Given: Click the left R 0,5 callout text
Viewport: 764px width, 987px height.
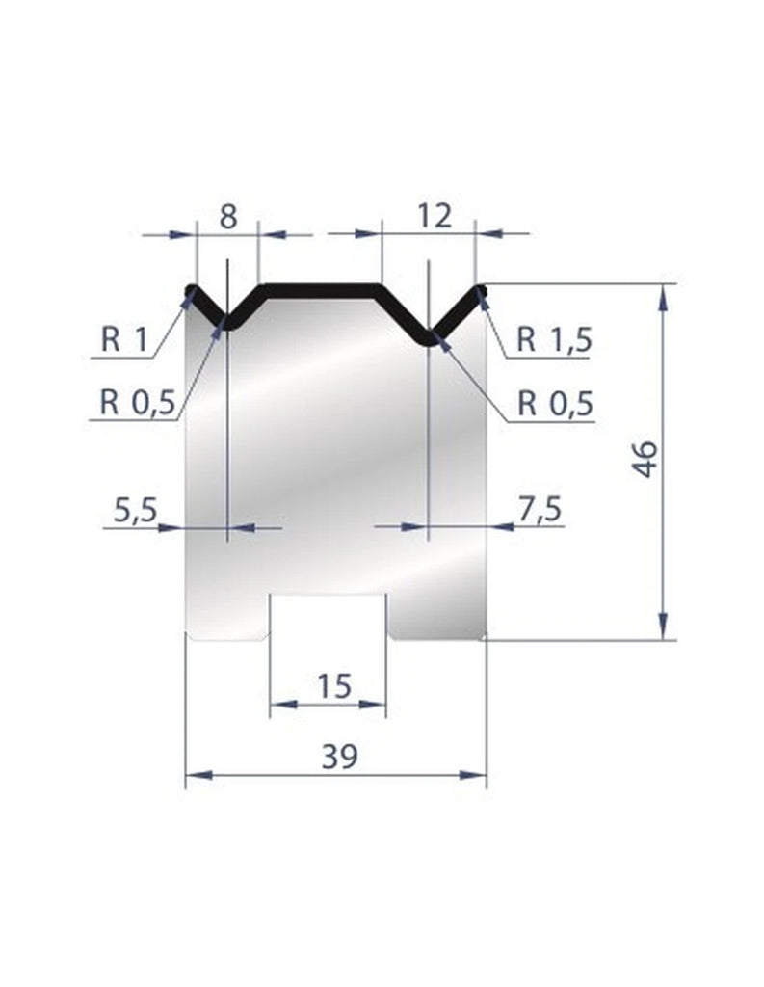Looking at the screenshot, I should tap(138, 401).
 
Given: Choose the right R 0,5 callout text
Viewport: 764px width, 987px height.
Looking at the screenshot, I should tap(554, 401).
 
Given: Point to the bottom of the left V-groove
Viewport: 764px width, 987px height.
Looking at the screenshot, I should tap(224, 322).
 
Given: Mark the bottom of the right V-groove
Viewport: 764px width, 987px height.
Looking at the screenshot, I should tap(428, 338).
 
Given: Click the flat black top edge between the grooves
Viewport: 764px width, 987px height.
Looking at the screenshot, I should tap(322, 286).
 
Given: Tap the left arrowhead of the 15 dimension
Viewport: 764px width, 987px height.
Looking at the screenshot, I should tap(275, 705).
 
